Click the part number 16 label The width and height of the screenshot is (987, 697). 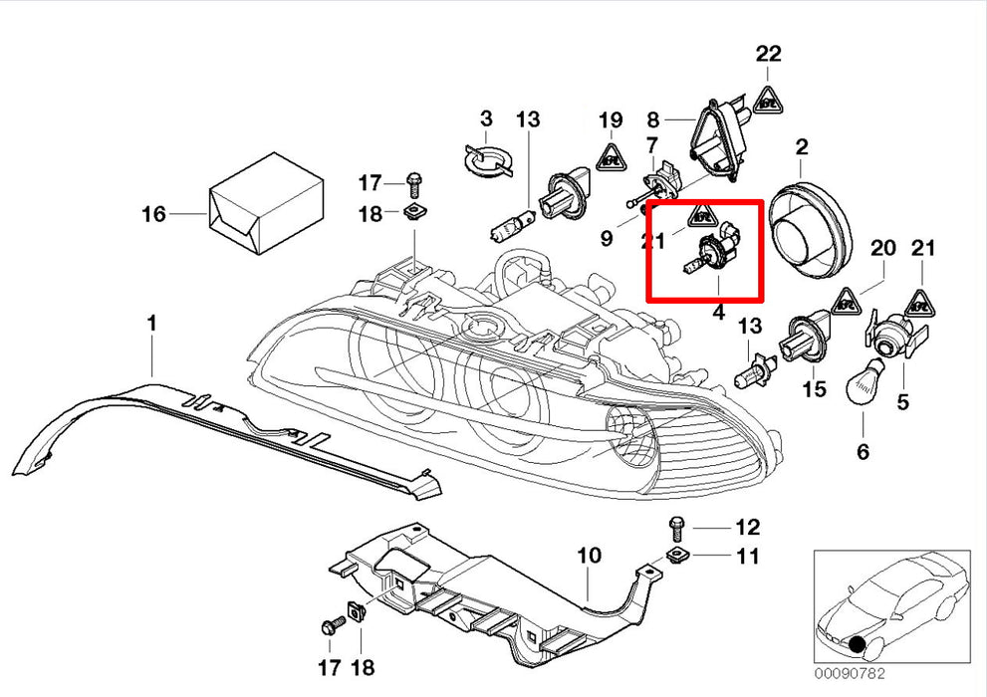coord(152,213)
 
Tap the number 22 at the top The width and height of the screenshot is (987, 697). coord(768,54)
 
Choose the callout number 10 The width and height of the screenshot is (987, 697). coord(589,555)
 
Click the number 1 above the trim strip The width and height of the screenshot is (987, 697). coord(151,324)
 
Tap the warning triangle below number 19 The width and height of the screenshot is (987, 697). coord(611,155)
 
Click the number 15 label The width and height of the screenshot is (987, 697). coord(815,388)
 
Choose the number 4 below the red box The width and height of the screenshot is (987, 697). coord(717,313)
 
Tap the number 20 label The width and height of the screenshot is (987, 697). coord(883,249)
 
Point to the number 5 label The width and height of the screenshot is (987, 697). coord(902,402)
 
